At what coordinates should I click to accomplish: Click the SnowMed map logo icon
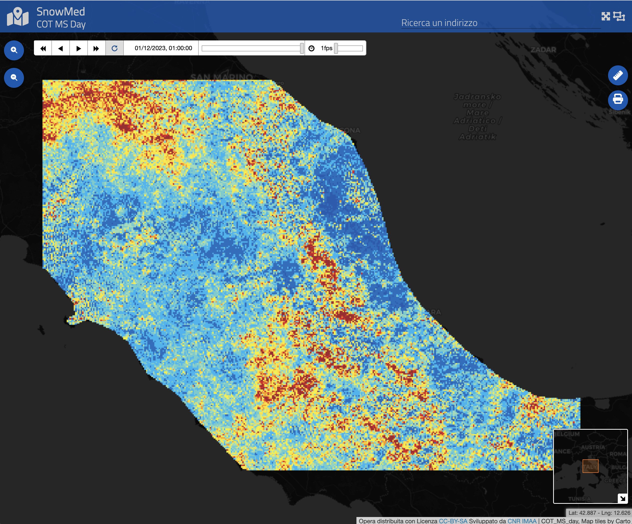tap(18, 17)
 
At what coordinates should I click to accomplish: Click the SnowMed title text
tap(60, 12)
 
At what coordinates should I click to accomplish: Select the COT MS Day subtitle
tap(61, 24)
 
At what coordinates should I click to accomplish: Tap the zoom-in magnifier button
tap(14, 50)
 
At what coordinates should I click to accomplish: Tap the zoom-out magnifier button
tap(14, 78)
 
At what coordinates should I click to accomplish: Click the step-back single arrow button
tap(60, 48)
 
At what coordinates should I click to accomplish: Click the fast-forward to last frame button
tap(96, 48)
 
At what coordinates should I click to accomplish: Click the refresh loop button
tap(114, 48)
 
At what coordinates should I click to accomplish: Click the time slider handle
tap(302, 48)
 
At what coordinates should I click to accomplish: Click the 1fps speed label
tap(326, 48)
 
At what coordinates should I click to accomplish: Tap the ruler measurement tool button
tap(618, 75)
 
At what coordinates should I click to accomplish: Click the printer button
tap(618, 99)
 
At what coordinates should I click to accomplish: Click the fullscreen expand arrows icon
tap(606, 16)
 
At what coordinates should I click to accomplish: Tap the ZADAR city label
tap(543, 50)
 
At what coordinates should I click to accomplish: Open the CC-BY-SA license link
tap(453, 521)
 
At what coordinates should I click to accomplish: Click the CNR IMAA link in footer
tap(522, 521)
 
